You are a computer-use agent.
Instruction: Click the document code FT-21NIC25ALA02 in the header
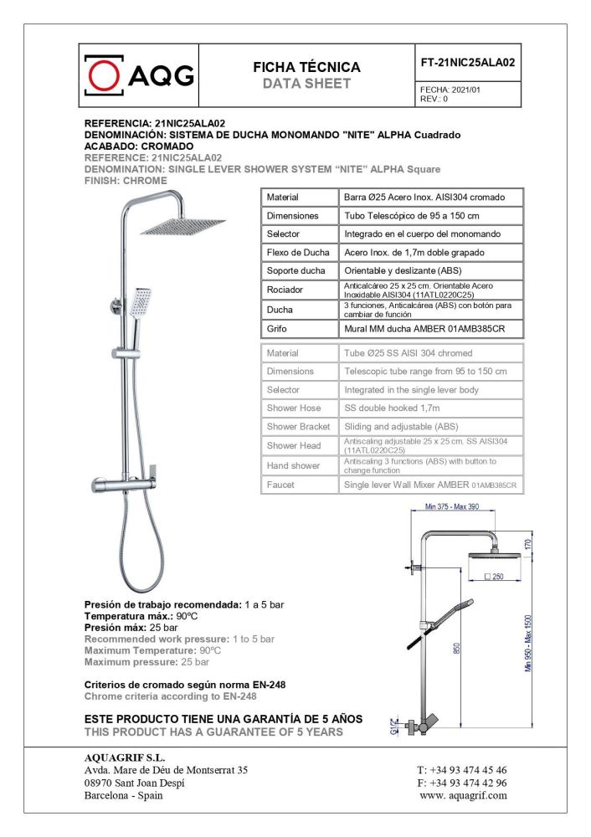click(x=468, y=63)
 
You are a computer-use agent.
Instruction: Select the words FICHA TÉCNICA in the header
click(x=306, y=67)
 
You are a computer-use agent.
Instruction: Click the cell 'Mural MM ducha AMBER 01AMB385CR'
click(x=424, y=330)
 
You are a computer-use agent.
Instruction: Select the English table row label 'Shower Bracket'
click(x=298, y=427)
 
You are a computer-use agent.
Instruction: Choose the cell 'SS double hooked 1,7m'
click(x=391, y=408)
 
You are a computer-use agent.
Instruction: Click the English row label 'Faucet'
click(x=280, y=485)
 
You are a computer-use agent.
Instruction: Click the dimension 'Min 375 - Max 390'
click(x=452, y=506)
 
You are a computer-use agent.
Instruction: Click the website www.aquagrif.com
click(x=463, y=796)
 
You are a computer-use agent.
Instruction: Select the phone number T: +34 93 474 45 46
click(x=461, y=770)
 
